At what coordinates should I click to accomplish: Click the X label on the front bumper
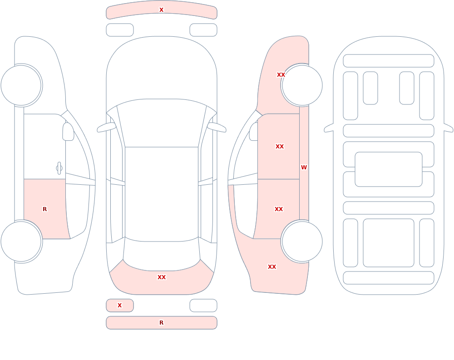(161, 10)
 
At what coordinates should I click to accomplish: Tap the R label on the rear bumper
(161, 323)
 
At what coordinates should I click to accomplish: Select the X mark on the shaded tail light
(119, 305)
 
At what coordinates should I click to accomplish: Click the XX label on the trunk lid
(162, 277)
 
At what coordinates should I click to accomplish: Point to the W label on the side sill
(304, 168)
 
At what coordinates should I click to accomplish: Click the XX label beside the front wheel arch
(281, 75)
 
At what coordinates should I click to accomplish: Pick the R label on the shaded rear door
(44, 209)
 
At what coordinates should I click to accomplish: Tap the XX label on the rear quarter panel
(272, 267)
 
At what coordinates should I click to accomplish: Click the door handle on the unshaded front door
(59, 168)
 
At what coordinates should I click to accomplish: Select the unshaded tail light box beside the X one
(203, 306)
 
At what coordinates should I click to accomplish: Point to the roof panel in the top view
(162, 193)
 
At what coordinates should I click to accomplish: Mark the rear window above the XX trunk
(162, 255)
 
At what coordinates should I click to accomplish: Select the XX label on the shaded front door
(280, 147)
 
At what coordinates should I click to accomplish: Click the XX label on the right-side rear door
(279, 209)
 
